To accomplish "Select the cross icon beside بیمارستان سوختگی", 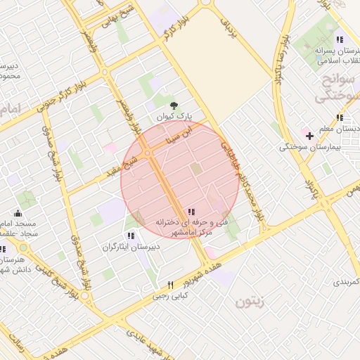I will [x=309, y=134].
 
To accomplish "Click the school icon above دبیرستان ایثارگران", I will [x=131, y=235].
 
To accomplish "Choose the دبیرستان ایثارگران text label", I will [x=131, y=247].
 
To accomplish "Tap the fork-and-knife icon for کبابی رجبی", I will [x=170, y=285].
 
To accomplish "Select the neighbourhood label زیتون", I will [x=249, y=303].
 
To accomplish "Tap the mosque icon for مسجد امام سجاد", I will [x=18, y=212].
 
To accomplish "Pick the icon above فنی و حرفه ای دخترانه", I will [x=191, y=212].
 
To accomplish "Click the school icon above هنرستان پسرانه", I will [x=340, y=39].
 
